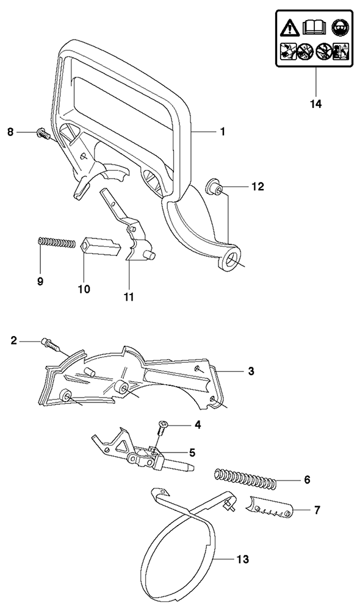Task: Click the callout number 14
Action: [316, 104]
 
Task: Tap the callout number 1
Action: [223, 132]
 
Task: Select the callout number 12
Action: [258, 187]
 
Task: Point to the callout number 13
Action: [243, 559]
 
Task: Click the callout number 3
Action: [251, 371]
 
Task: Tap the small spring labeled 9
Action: [56, 242]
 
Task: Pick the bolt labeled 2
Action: [50, 345]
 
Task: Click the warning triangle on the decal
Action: [289, 28]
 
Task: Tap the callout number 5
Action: [192, 452]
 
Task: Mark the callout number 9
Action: [40, 281]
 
